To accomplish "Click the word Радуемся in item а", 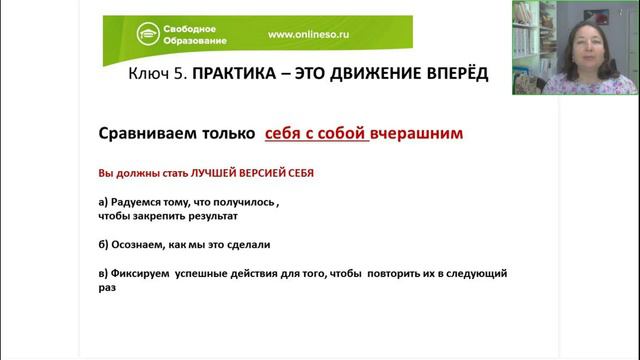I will point(138,201).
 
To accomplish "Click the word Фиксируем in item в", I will point(139,272).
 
